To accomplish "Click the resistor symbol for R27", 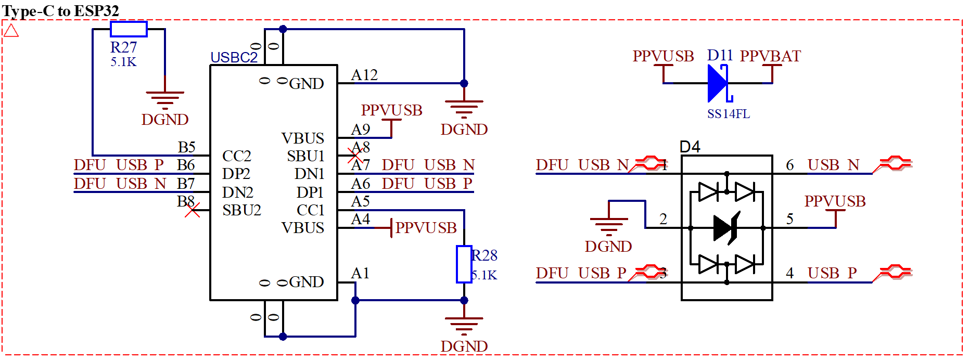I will coord(129,29).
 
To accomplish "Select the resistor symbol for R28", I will coord(464,264).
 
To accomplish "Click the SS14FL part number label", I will coord(728,114).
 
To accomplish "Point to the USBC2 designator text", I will coord(234,57).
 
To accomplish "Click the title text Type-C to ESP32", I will coord(60,10).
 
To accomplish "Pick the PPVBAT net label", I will coord(770,56).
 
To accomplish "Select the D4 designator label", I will coord(690,147).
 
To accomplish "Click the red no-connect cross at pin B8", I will coord(193,210).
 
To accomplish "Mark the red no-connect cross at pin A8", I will coord(355,155).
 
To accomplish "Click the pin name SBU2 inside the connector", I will coord(241,210).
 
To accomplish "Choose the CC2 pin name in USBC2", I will coord(236,156).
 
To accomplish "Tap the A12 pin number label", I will coord(364,75).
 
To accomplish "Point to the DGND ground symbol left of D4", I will coord(608,224).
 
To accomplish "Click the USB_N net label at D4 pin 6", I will coord(833,165).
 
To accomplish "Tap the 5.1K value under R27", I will coord(123,62).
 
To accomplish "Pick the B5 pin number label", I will coord(186,147).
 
